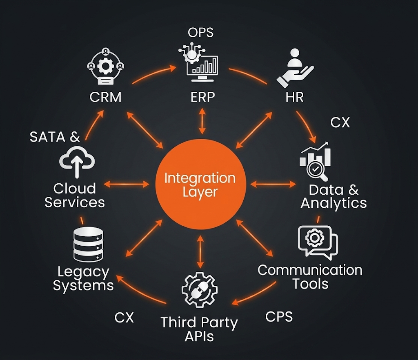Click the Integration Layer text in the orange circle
(200, 185)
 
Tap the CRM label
(105, 97)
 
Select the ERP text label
(202, 97)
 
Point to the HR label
(295, 97)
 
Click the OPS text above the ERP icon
(200, 33)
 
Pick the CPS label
(279, 317)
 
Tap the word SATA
(47, 137)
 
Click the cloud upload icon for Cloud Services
(77, 162)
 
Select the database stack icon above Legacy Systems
(88, 244)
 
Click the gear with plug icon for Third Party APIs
(200, 290)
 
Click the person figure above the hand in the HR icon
(295, 58)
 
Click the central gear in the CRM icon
(106, 66)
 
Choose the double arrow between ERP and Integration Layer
(202, 121)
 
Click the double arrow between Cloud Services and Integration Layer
(127, 184)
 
